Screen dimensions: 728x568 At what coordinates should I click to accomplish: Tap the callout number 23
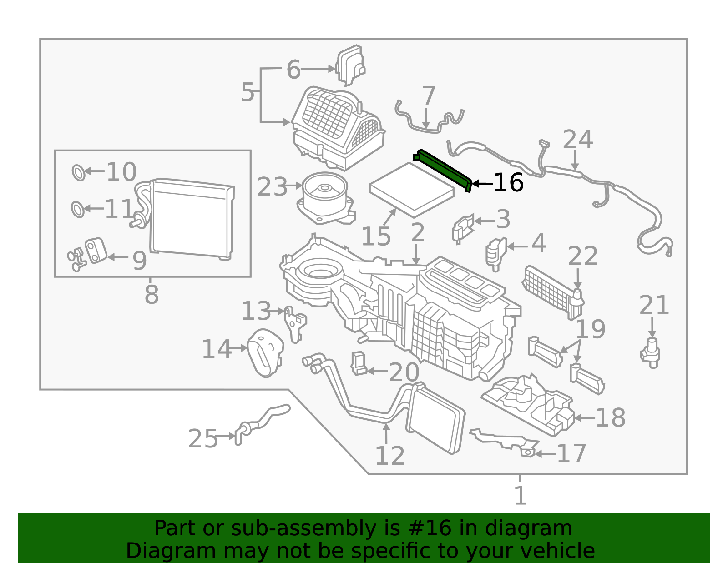click(x=272, y=187)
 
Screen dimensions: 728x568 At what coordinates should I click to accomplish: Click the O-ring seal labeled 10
click(x=78, y=173)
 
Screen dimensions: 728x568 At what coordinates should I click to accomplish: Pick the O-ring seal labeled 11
click(x=78, y=210)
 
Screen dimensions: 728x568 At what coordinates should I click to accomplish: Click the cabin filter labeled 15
click(x=412, y=190)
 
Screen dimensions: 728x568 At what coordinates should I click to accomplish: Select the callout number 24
click(x=577, y=139)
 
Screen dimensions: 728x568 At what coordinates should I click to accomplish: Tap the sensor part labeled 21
click(x=650, y=353)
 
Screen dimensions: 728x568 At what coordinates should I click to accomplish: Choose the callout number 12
click(x=389, y=456)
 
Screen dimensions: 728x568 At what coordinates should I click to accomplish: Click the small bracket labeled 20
click(x=359, y=363)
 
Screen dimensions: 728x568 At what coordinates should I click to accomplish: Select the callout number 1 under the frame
click(x=520, y=496)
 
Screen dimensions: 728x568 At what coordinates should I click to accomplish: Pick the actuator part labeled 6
click(x=350, y=65)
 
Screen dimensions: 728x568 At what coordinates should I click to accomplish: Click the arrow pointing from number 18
click(x=584, y=418)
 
